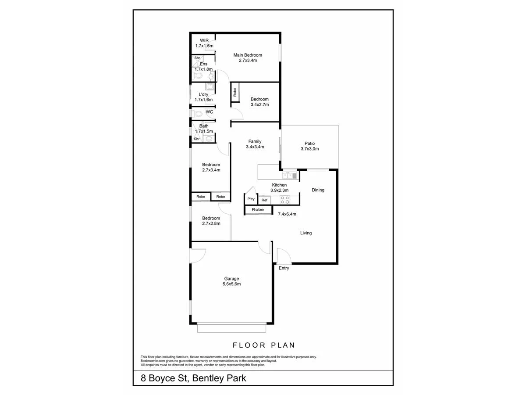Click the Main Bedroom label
coord(248,55)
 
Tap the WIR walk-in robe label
coord(204,40)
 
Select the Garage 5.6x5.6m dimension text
coord(232,284)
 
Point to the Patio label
coord(309,143)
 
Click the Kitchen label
coord(279,185)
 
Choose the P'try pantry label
coord(251,199)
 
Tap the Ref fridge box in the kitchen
coord(264,200)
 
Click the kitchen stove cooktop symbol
coord(285,200)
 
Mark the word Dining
coord(318,190)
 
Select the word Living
coord(306,233)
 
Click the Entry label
coord(284,268)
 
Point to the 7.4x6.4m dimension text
coord(287,214)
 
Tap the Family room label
coord(255,141)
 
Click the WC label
coord(210,112)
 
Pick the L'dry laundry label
coord(203,94)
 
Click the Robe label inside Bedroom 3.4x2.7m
coord(235,92)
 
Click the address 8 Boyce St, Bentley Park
coord(193,378)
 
